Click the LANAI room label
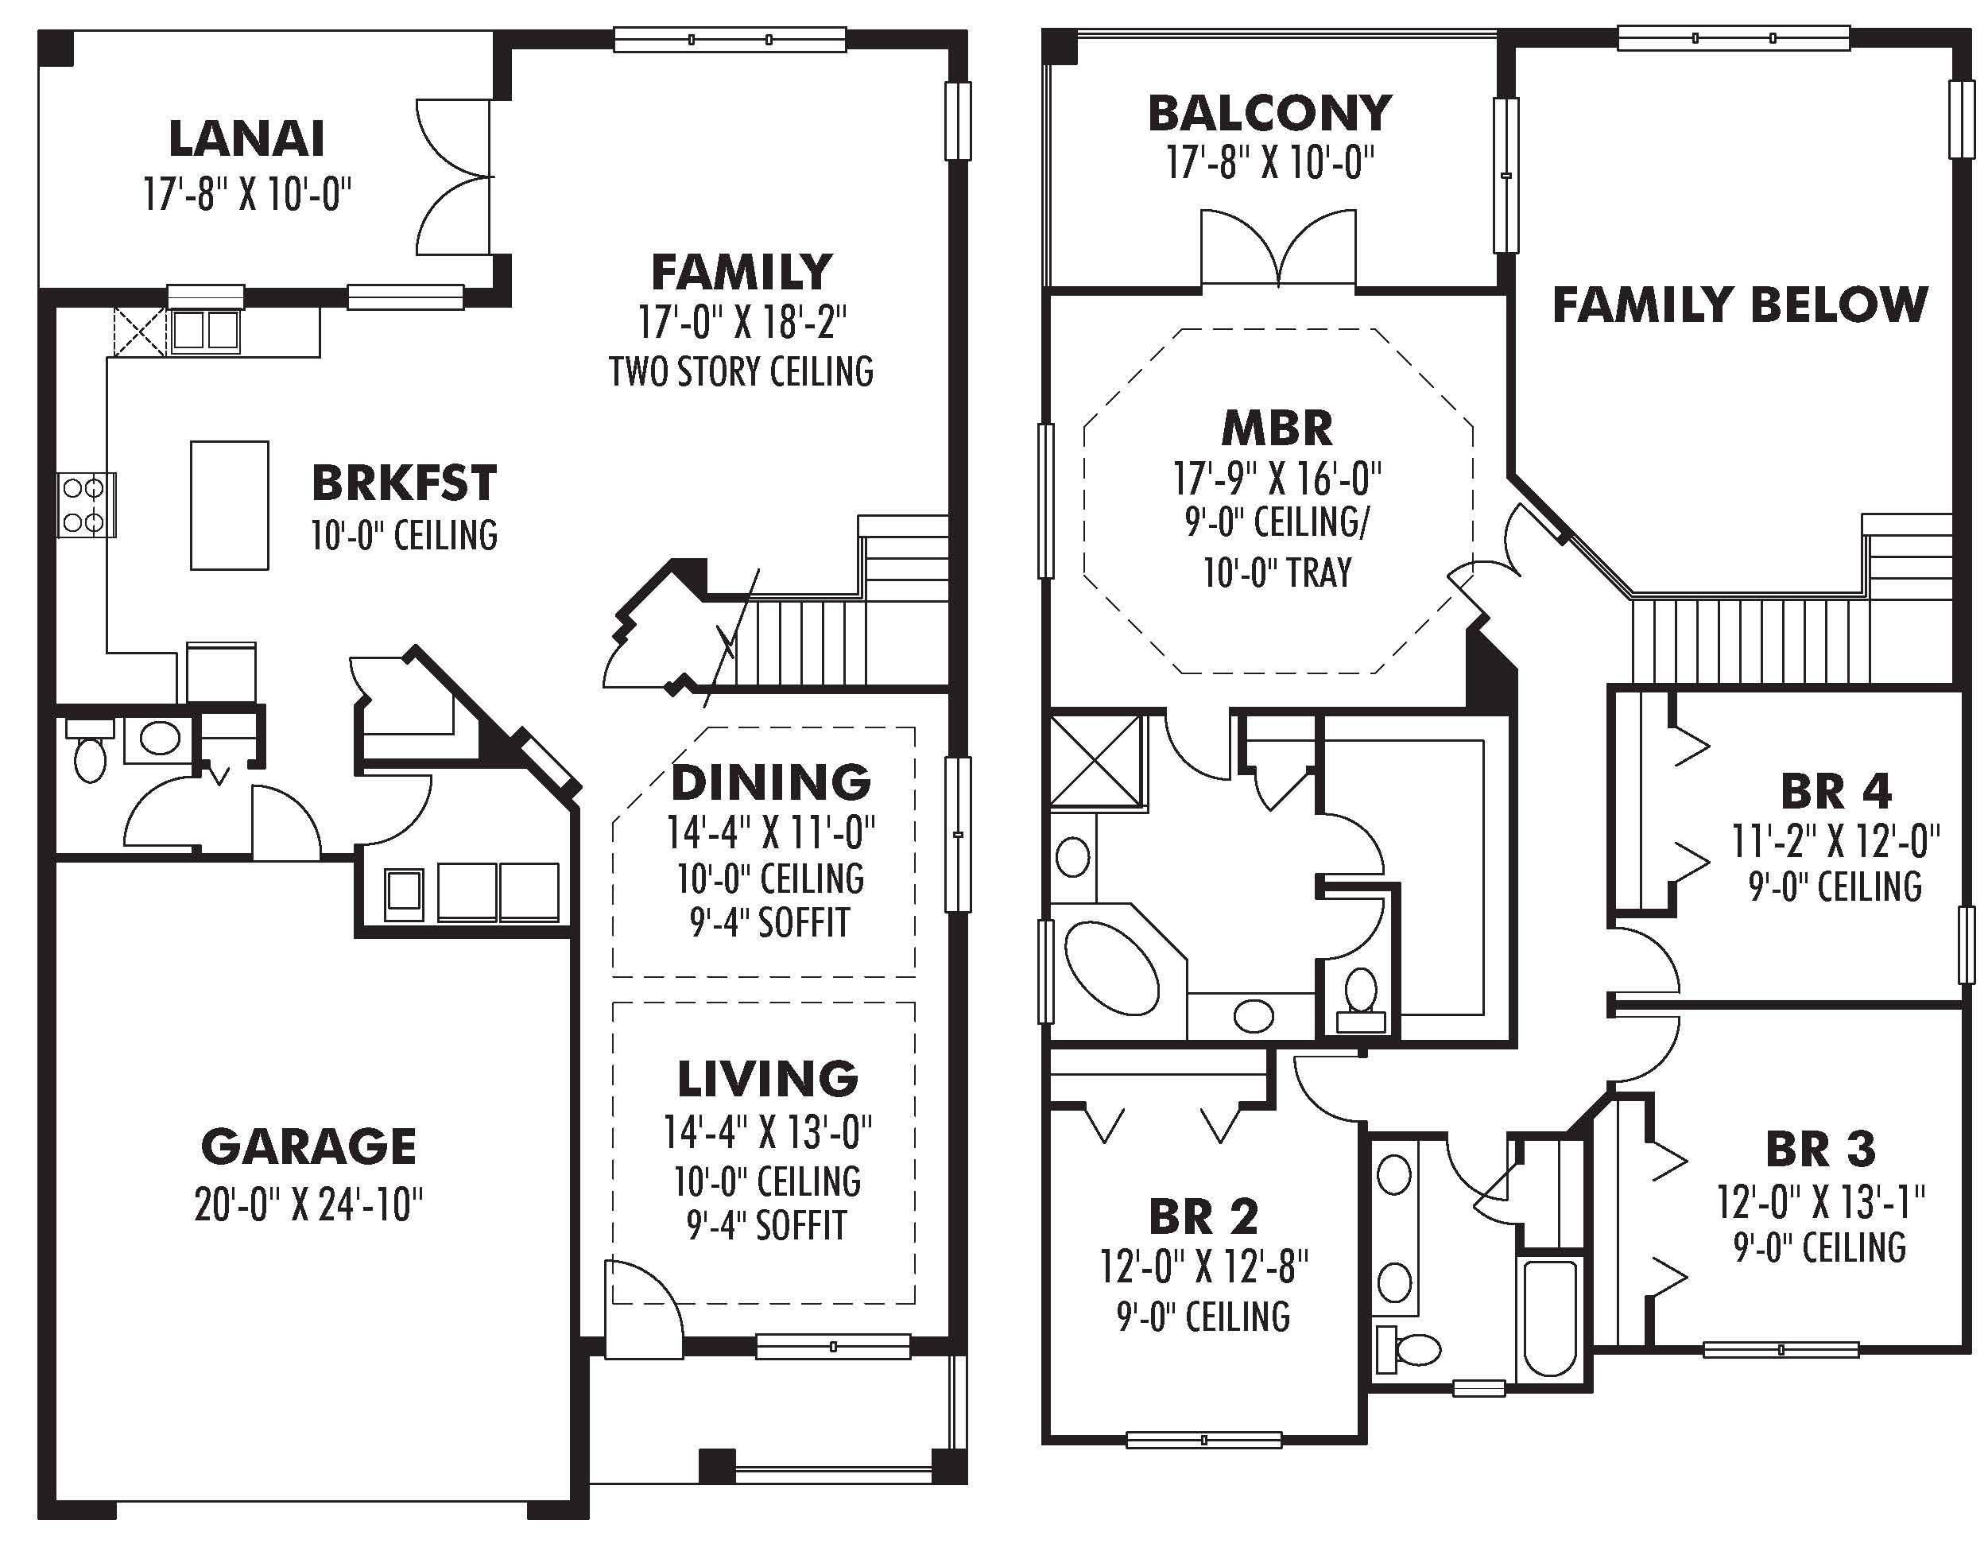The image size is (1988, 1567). pos(246,139)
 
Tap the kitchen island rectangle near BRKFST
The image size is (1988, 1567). pos(230,506)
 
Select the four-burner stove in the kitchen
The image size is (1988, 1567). pos(85,505)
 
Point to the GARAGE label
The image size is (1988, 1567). pos(308,1146)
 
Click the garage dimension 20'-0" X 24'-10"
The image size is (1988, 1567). pos(308,1204)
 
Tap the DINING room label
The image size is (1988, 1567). pos(770,782)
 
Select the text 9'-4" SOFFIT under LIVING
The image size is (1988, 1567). pos(767,1226)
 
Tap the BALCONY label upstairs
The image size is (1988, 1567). pos(1269,114)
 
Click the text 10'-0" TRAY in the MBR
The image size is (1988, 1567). pos(1277,572)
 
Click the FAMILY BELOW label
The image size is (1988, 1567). pos(1739,305)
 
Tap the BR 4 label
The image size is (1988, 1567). pos(1835,792)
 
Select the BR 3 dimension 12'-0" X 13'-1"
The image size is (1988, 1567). pos(1820,1201)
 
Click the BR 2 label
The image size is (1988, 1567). pos(1203,1217)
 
